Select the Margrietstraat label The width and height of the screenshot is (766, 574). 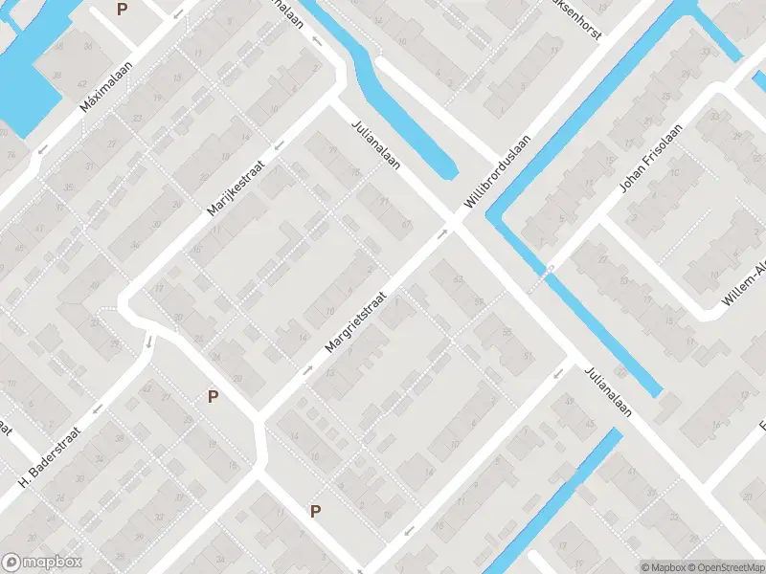pos(359,321)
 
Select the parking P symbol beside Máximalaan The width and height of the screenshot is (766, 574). pos(122,9)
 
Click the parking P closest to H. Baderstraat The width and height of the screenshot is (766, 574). pos(213,396)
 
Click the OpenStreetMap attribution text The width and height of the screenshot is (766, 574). pos(723,566)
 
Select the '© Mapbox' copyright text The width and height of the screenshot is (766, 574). pos(661,566)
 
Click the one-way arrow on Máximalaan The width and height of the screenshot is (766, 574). pos(42,149)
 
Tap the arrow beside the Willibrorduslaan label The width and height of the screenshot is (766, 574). pos(443,232)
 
